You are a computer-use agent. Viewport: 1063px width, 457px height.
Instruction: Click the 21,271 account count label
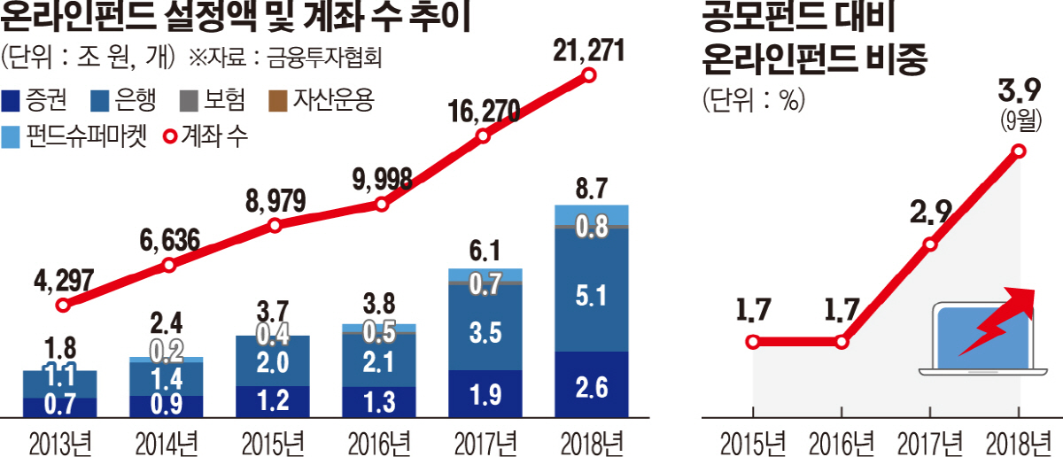point(587,50)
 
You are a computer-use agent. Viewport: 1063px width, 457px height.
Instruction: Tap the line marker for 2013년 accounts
point(62,305)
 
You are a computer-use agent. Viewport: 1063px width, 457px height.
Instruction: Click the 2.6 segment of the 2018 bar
point(590,385)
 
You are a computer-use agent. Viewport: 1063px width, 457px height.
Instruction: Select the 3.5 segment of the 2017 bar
point(484,333)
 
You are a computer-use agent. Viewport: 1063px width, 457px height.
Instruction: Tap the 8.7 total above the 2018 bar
point(590,188)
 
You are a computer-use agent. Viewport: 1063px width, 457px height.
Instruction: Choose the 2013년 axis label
point(60,440)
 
